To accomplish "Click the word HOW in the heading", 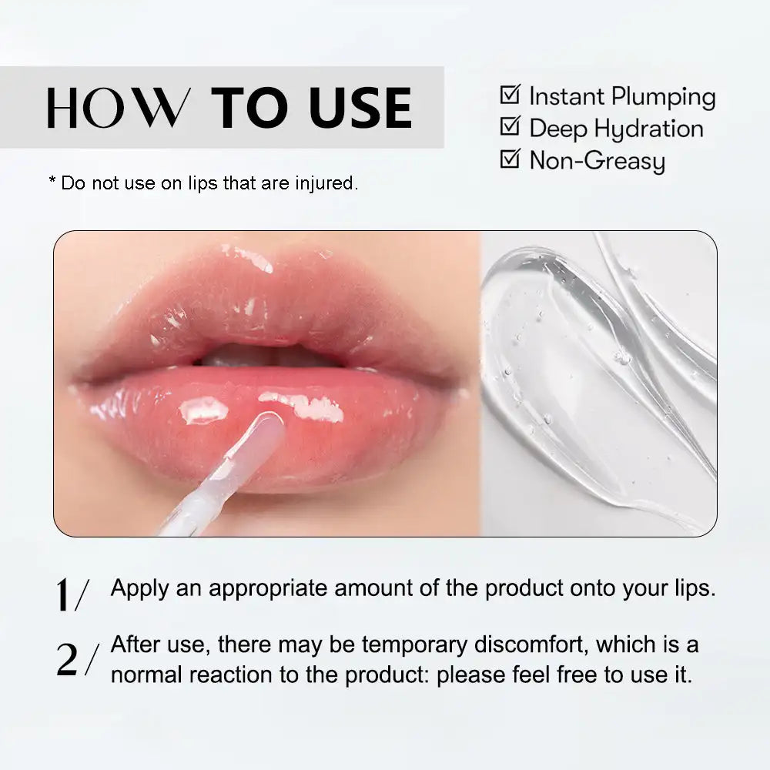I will [x=118, y=108].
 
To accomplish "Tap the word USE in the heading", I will [x=361, y=108].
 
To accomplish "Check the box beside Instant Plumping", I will [x=509, y=95].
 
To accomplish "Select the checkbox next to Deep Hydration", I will [x=509, y=126].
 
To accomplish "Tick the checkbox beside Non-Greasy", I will [x=509, y=159].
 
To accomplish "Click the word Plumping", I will [x=663, y=98].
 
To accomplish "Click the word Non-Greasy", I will [x=597, y=162].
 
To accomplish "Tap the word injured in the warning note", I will [x=327, y=183].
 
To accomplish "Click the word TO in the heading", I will [x=250, y=108].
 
